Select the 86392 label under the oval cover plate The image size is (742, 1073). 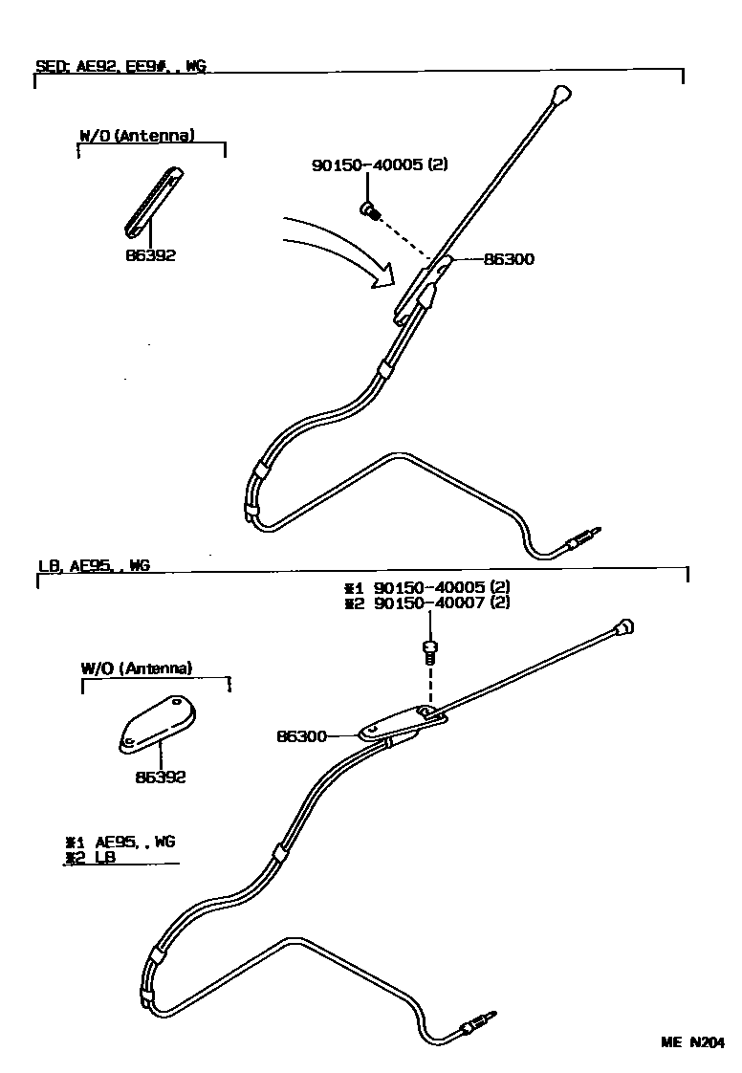[x=160, y=777]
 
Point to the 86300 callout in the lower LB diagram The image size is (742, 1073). [x=301, y=736]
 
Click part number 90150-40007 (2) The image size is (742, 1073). [x=442, y=603]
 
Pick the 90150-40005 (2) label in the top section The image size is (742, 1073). [x=380, y=164]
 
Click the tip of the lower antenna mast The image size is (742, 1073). [x=624, y=628]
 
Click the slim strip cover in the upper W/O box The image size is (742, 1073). [x=152, y=200]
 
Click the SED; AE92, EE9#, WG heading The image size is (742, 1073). [x=120, y=67]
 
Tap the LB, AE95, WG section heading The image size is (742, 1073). [x=94, y=566]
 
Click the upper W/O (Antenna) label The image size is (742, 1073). [x=137, y=136]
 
